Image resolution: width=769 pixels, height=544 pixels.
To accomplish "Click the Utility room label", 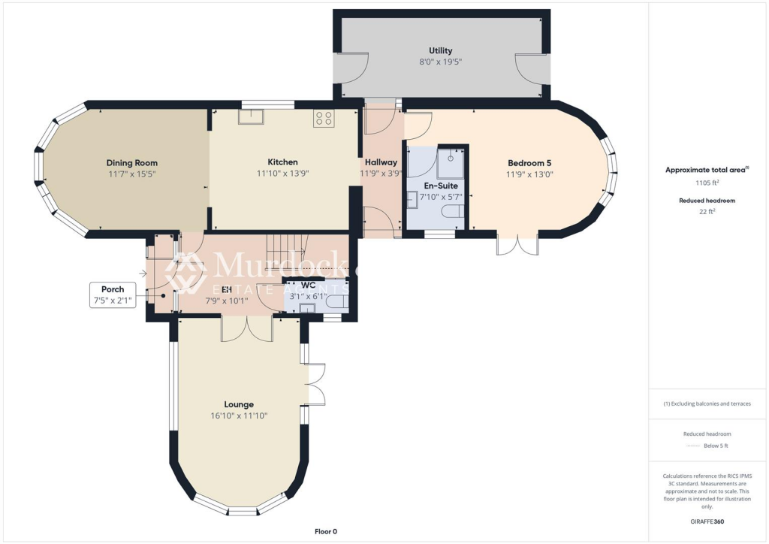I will tap(440, 50).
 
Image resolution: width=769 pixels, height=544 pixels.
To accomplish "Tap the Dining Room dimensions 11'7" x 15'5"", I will tap(131, 174).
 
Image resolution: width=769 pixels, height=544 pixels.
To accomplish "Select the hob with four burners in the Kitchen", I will tap(324, 118).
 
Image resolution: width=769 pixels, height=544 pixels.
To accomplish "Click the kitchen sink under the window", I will tap(250, 116).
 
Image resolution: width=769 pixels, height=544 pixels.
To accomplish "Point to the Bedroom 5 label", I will tap(529, 163).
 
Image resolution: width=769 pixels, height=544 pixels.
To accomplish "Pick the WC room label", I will tap(308, 285).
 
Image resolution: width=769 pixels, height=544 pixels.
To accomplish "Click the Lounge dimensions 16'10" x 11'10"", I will tap(239, 416).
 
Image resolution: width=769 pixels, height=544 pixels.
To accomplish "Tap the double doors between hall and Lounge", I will tap(246, 329).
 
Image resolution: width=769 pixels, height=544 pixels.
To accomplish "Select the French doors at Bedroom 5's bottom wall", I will tap(517, 246).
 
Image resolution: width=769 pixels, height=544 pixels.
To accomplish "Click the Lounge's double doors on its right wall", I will tap(316, 384).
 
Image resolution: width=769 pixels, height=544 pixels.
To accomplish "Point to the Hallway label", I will tap(381, 162).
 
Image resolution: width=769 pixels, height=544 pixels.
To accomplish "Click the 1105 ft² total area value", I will tap(707, 182).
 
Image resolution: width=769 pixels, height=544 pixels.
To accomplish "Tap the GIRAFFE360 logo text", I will tap(707, 521).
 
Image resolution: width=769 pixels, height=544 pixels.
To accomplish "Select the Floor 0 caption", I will tap(326, 531).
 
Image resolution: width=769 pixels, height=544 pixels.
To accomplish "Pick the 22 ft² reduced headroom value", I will tap(707, 212).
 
